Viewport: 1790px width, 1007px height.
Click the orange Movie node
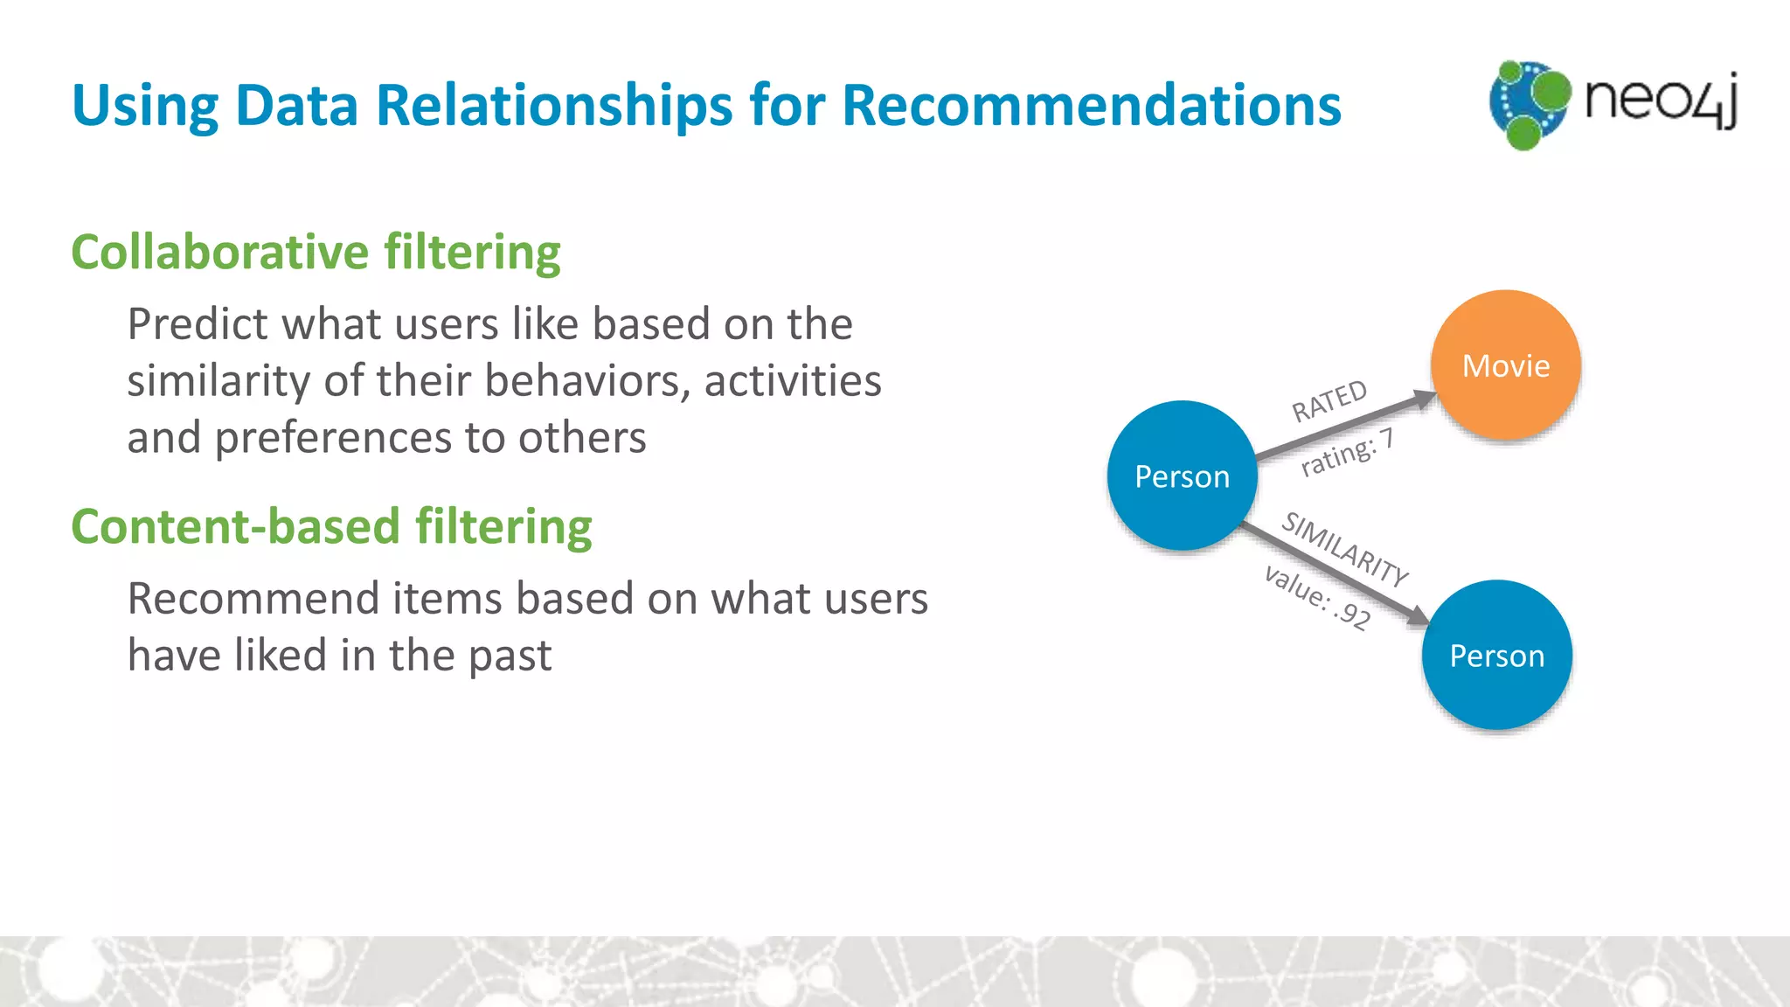tap(1505, 365)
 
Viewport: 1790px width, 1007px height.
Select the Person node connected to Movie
tap(1182, 476)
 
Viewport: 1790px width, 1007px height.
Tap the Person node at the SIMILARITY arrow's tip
tap(1496, 656)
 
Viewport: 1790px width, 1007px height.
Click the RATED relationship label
tap(1329, 400)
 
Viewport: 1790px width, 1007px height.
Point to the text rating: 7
tap(1347, 453)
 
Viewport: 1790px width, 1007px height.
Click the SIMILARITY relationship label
tap(1344, 549)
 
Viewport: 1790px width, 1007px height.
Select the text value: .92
tap(1317, 598)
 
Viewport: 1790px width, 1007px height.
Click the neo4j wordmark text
tap(1661, 100)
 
